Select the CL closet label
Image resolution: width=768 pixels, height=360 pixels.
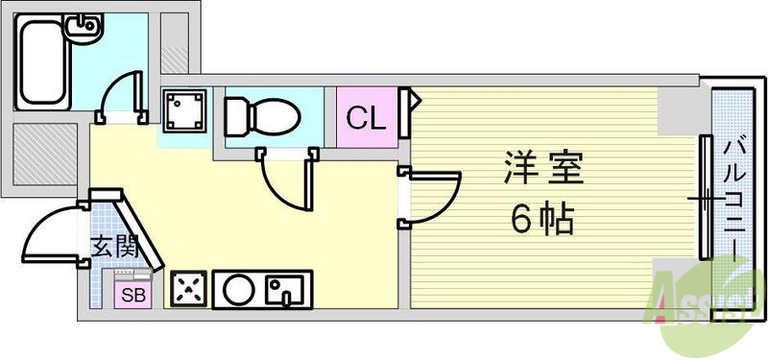[x=366, y=118]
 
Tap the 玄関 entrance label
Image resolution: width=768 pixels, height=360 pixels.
[x=114, y=246]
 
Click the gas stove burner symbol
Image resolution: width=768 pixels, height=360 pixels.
[x=188, y=287]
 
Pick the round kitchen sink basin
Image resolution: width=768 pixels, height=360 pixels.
[x=238, y=287]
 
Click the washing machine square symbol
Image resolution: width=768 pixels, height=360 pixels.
[x=184, y=111]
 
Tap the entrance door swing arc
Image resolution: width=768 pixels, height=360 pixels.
[x=50, y=235]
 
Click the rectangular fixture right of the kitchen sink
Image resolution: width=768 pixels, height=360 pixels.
[x=285, y=287]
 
